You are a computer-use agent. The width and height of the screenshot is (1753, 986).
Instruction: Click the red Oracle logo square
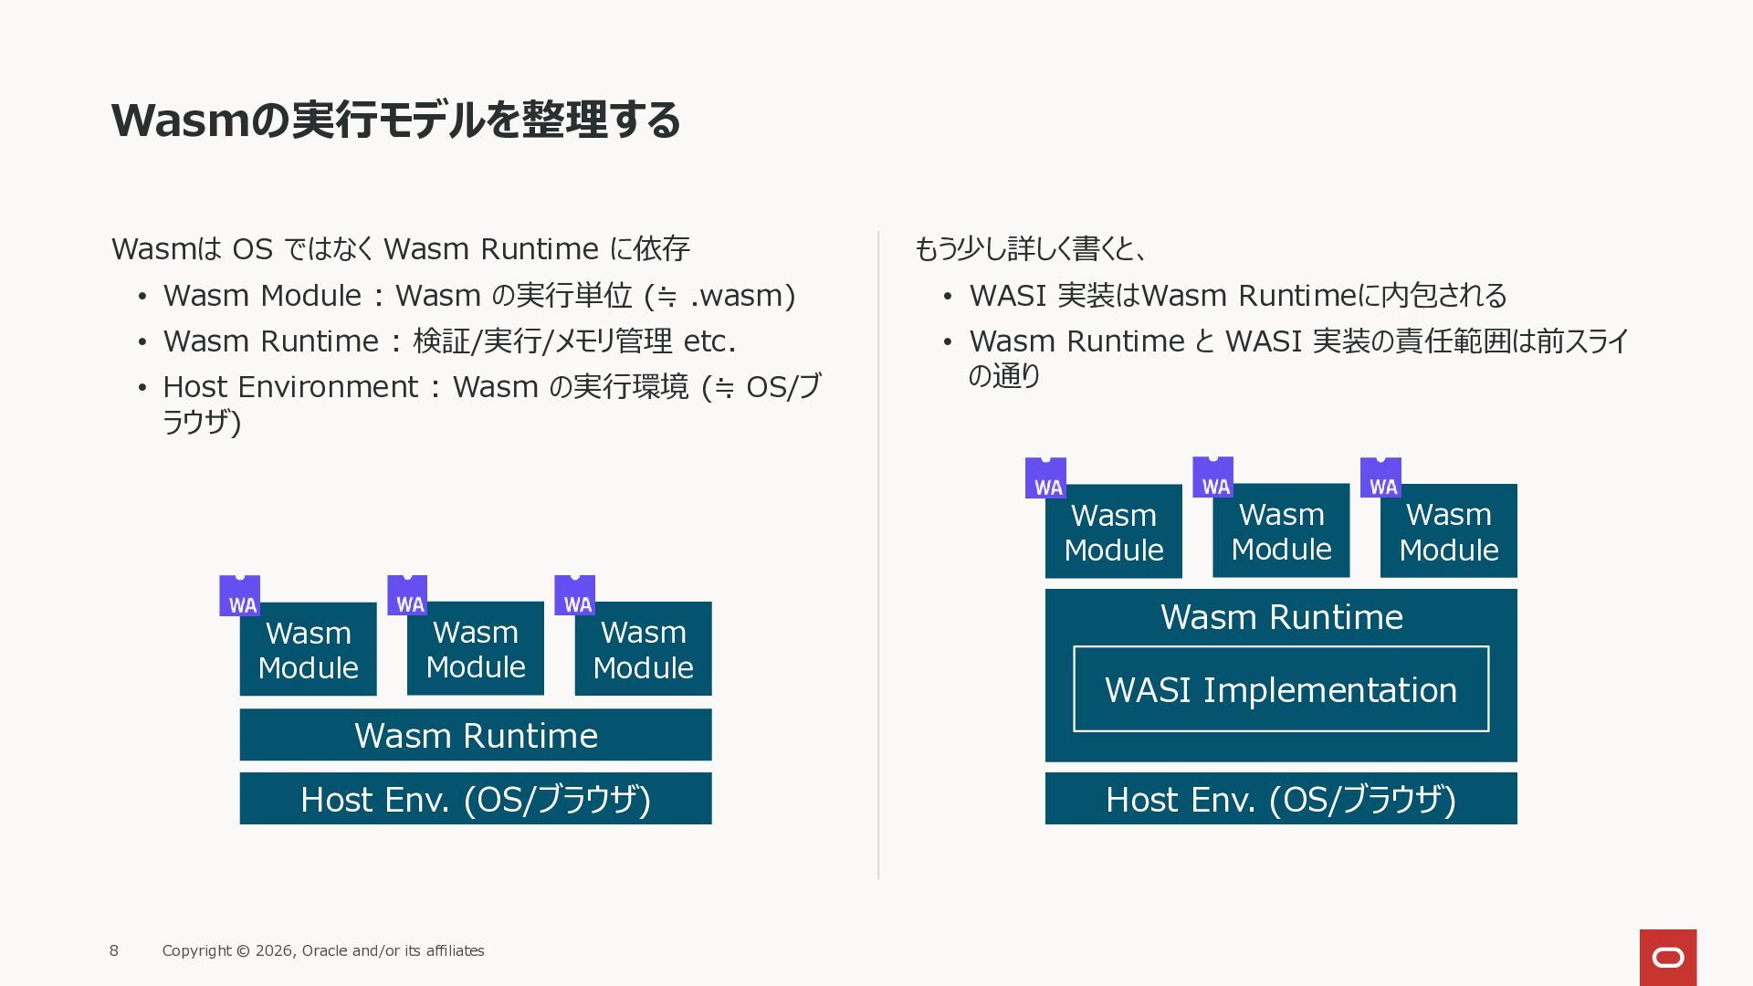click(1667, 957)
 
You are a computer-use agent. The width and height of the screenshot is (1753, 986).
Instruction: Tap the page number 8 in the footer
click(114, 950)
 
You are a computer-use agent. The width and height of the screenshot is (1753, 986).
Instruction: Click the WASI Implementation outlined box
click(1280, 689)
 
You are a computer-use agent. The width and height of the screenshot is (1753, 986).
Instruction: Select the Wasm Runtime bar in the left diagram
click(475, 735)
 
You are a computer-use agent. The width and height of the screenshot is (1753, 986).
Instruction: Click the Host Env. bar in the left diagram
click(475, 799)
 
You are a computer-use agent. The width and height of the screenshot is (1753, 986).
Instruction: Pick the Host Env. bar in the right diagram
click(1280, 799)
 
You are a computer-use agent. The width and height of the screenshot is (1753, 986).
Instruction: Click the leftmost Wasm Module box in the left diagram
click(308, 650)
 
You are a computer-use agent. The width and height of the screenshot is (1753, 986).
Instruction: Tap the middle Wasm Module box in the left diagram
click(475, 649)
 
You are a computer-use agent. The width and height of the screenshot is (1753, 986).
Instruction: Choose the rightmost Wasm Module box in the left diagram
click(643, 649)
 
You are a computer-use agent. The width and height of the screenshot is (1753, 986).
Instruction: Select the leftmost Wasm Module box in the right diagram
click(1113, 532)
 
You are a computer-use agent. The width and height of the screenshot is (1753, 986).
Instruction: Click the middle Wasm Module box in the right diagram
click(1280, 531)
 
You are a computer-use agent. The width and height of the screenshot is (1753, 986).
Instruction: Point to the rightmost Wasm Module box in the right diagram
click(1448, 532)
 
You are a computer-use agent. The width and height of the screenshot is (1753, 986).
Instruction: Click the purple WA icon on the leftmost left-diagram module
click(239, 595)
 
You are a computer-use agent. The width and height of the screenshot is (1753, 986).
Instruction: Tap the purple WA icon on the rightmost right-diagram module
click(1380, 477)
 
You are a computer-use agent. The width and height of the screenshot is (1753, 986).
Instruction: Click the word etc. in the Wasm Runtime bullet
click(709, 341)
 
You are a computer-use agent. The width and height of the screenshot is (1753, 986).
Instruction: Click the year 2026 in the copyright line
click(274, 950)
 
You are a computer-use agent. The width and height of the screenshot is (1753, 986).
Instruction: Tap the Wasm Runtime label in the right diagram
click(1280, 617)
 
